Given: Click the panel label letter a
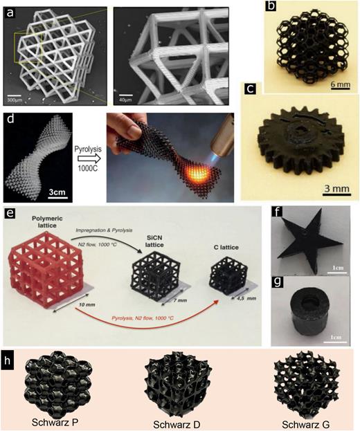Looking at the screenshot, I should [10, 10].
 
